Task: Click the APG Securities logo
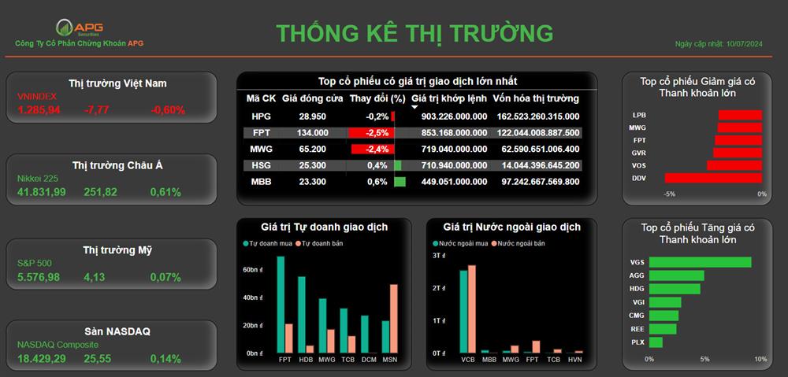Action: click(x=79, y=28)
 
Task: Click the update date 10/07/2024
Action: click(x=745, y=44)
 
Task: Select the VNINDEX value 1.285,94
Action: click(x=39, y=110)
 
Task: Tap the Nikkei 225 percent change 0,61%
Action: click(x=165, y=192)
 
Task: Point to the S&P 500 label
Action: click(x=34, y=263)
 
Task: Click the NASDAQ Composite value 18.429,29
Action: click(x=41, y=358)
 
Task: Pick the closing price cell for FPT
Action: click(x=313, y=132)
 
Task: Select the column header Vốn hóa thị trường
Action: click(x=536, y=98)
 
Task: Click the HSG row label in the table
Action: click(x=261, y=165)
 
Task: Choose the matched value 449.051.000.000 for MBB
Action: click(x=454, y=182)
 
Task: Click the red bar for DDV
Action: click(x=713, y=178)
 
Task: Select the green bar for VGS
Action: click(x=700, y=262)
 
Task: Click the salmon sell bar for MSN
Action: click(x=393, y=319)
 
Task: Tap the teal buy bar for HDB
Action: click(x=302, y=315)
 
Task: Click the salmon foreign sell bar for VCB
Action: click(x=471, y=309)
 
